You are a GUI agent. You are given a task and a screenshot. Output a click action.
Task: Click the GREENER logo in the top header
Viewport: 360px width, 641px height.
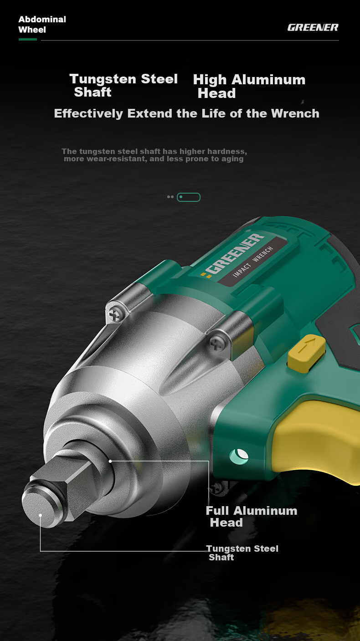(313, 27)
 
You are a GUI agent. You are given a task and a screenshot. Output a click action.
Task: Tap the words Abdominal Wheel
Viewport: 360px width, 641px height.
(42, 24)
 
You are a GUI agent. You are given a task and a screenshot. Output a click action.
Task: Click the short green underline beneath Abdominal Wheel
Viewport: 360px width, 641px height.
(28, 40)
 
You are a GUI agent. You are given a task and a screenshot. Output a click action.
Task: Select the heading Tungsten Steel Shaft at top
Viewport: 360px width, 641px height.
(123, 85)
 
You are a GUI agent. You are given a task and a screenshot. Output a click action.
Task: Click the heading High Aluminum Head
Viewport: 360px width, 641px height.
(249, 86)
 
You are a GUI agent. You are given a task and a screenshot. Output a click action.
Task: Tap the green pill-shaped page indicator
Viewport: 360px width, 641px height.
(189, 197)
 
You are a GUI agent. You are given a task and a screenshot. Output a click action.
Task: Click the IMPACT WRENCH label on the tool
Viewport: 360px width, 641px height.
(253, 262)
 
